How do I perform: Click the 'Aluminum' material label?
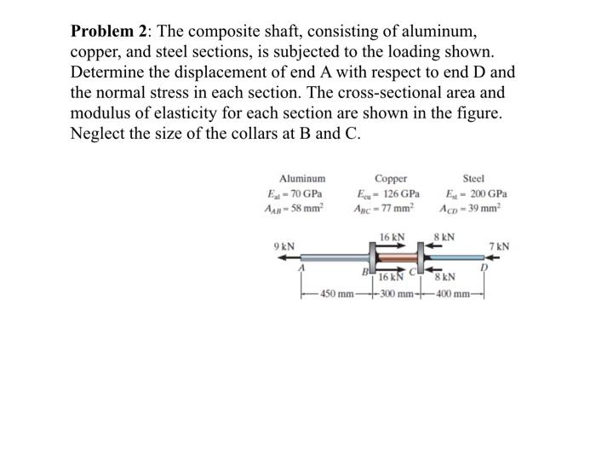pos(302,179)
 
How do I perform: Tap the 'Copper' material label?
pos(390,179)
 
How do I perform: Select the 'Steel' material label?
pos(473,179)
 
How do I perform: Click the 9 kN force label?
pos(284,246)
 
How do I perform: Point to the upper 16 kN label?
pos(393,236)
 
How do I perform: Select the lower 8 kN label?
pos(444,276)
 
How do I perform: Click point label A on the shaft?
pos(300,267)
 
